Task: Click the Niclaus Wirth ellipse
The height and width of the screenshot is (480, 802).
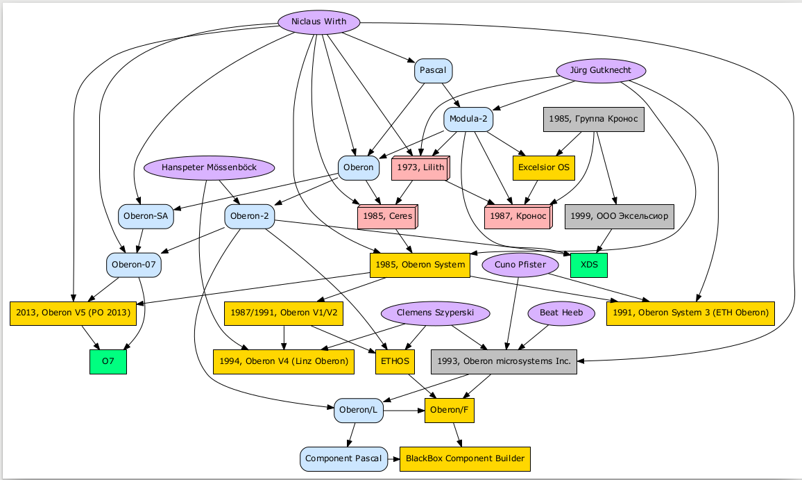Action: coord(319,22)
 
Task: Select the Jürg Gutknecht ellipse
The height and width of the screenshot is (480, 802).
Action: coord(601,71)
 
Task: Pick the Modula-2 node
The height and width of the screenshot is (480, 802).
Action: coord(468,119)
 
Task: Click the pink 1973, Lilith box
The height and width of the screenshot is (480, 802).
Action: coord(420,168)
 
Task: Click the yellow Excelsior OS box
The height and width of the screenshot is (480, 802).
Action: coord(544,167)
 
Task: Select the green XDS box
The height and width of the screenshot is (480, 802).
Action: coord(588,265)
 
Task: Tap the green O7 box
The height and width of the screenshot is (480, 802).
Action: coord(108,361)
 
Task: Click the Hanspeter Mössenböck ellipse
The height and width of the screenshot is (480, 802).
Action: coord(209,168)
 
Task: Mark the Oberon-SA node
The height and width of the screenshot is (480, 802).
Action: coord(146,217)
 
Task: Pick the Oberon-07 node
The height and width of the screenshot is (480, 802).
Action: coord(135,265)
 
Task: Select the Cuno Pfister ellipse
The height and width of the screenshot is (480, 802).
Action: coord(520,265)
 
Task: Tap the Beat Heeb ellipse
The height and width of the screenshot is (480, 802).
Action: coord(562,313)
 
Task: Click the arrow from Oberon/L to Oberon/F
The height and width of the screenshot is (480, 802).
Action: coord(404,411)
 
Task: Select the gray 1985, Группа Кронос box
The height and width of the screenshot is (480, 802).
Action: coord(593,119)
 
